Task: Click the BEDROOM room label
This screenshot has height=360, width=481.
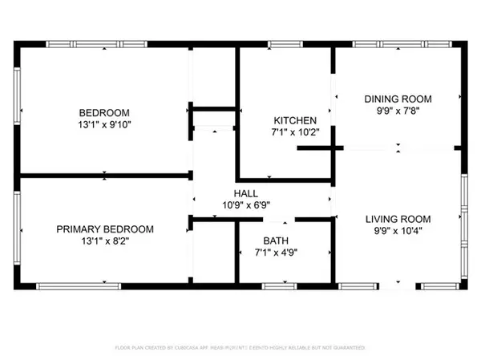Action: tap(103, 112)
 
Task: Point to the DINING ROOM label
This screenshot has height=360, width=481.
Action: tap(398, 99)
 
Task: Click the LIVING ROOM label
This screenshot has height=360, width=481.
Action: tap(398, 219)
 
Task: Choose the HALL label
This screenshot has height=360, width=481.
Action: tap(245, 193)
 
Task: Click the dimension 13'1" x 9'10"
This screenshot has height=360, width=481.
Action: tap(103, 125)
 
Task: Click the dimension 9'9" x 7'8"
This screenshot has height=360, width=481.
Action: tap(398, 111)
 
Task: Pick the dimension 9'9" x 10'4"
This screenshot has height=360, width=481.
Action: tap(398, 232)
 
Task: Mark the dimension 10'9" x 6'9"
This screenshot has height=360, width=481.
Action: tap(245, 205)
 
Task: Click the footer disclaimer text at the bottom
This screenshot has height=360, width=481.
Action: tap(240, 348)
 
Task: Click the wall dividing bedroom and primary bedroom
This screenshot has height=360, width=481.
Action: tap(103, 173)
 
